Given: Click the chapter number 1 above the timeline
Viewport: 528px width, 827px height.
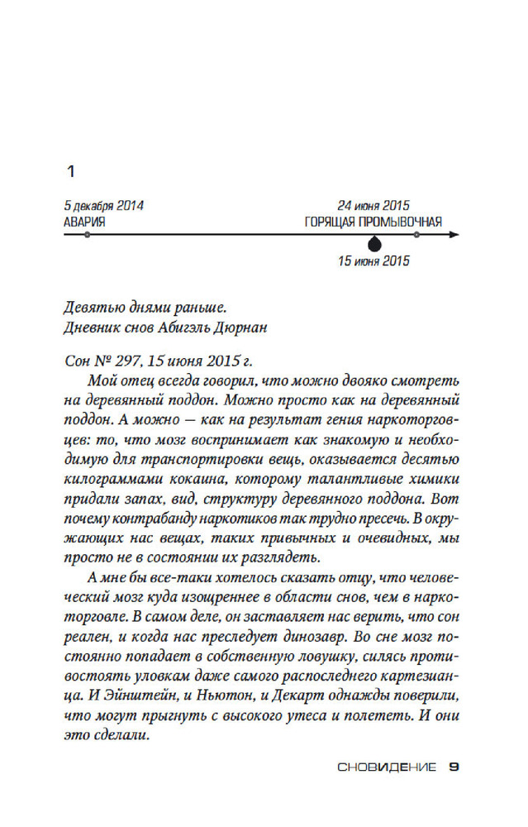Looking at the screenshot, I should tap(70, 173).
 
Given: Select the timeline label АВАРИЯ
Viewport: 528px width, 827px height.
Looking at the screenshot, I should tap(84, 222).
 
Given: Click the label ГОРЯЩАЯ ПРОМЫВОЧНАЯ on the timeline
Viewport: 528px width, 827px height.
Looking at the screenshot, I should tap(373, 222).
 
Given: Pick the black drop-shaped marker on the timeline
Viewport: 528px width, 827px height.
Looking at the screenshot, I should tap(374, 244).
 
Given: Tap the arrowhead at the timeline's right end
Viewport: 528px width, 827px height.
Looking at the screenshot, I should tap(454, 235).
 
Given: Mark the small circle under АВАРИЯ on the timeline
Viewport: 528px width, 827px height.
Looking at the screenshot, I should tap(87, 235).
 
